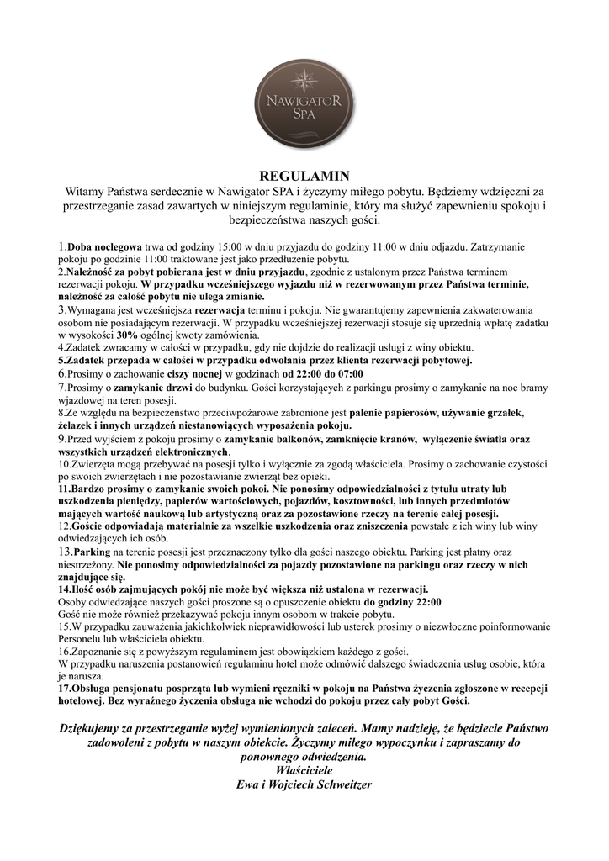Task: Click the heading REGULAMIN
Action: click(304, 177)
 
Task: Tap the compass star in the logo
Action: click(304, 81)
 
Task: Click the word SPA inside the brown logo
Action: click(304, 114)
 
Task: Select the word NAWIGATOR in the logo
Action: click(304, 101)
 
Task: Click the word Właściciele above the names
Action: click(304, 769)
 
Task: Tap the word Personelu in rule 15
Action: click(82, 639)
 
